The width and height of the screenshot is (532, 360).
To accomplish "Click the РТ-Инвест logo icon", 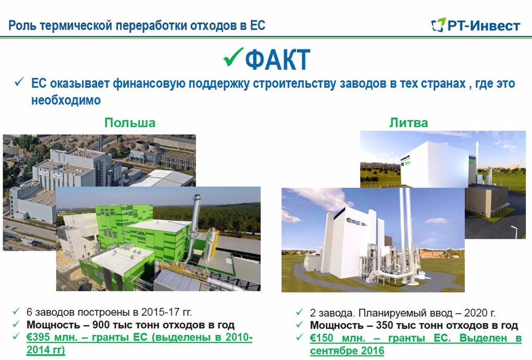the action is point(438,24).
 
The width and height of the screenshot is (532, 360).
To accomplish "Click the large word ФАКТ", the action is point(277,60).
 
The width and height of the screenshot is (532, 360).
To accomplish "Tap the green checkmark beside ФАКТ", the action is point(233,57).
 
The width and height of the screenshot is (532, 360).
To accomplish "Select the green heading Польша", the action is point(130,123).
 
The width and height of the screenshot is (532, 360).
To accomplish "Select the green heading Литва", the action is point(408,123).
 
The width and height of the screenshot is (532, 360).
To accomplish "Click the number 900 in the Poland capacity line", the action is point(101,325).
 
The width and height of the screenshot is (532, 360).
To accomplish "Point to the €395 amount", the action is point(39,338).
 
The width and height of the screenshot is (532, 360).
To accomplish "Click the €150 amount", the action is point(322,338).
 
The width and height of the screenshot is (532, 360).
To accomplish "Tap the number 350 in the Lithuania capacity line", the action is point(385,325).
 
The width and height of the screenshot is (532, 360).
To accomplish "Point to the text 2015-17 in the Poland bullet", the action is point(160,312).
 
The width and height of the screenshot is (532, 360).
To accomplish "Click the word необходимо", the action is point(66,100).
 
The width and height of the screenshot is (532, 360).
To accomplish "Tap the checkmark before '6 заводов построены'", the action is point(16,311).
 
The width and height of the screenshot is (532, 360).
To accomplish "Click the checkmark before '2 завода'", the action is point(300,312).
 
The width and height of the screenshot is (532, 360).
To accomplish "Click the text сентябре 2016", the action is point(347,351).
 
